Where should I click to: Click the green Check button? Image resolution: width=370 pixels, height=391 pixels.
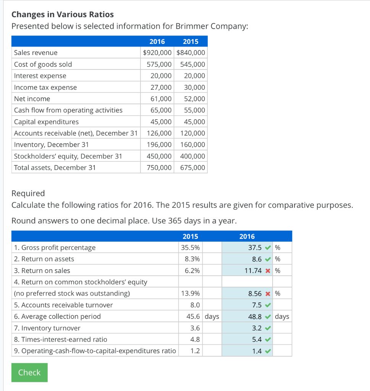click(29, 372)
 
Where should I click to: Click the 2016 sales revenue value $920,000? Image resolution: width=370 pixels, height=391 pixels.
click(157, 53)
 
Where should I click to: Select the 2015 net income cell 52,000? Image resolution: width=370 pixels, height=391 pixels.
click(194, 99)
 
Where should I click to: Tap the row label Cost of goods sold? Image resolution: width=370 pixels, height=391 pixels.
click(43, 64)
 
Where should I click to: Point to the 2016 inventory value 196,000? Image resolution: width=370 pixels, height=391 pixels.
click(159, 145)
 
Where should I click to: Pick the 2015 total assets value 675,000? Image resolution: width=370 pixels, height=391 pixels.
click(192, 168)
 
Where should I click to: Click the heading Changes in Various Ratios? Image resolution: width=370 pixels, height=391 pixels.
click(63, 15)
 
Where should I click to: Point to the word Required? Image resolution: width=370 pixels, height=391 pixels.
click(28, 193)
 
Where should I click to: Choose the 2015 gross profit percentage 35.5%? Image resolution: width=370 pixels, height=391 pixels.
click(190, 247)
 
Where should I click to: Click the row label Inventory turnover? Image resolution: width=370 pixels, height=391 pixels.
click(47, 328)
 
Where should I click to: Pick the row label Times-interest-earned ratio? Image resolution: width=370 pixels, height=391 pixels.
click(60, 339)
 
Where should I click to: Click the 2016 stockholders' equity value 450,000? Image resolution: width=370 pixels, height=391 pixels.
click(159, 156)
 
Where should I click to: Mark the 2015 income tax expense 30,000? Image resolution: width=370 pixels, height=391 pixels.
click(194, 87)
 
